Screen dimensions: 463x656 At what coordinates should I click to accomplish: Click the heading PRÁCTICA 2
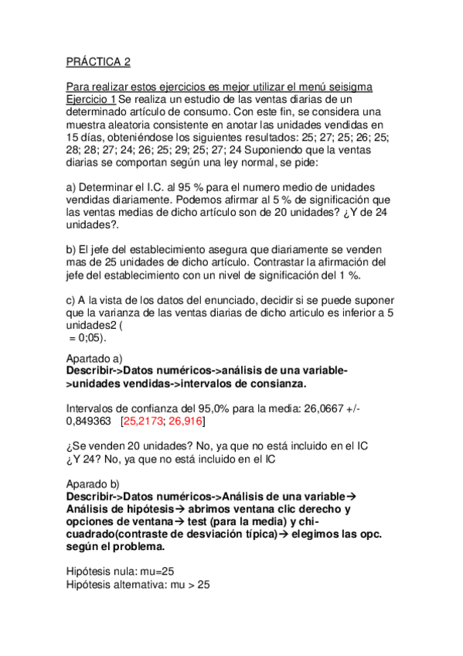pos(98,63)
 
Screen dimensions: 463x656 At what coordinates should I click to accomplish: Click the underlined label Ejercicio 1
pos(91,99)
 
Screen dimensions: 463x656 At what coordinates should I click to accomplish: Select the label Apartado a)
pos(95,359)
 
